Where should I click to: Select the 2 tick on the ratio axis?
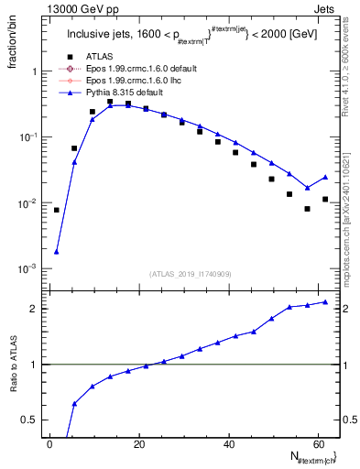tap(36, 309)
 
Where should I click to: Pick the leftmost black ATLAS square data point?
tap(57, 210)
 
